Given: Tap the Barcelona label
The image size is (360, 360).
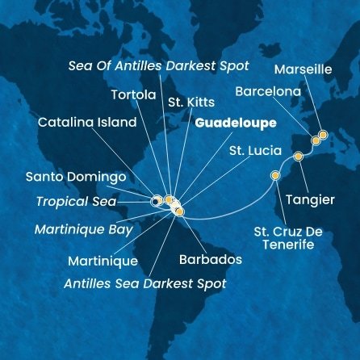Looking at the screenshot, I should tap(268, 92).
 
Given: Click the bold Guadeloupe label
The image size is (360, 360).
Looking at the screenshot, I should tap(235, 123).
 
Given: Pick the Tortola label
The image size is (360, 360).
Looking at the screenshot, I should tap(132, 94).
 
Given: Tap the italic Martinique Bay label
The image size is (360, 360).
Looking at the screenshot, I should tap(84, 229).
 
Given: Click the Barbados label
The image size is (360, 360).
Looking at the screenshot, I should tap(209, 261).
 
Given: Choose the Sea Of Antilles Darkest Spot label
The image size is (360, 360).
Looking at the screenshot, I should tap(158, 65).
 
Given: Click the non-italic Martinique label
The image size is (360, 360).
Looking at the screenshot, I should tap(103, 261).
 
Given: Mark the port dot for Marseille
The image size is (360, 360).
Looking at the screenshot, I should tap(323, 135).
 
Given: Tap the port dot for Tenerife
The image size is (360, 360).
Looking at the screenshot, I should tap(275, 175).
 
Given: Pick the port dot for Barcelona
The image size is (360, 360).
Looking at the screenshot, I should tap(316, 140).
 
